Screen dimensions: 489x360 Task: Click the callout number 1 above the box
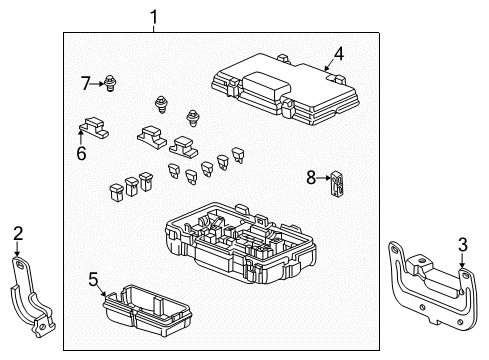153,17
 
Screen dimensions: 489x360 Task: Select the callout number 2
18,233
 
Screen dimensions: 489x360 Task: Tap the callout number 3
463,245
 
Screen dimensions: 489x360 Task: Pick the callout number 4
339,54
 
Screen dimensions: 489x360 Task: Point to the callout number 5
94,279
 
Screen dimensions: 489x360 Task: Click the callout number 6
81,153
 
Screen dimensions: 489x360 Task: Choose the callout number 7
86,83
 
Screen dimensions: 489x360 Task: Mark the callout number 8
311,177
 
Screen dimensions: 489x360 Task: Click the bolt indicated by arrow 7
109,83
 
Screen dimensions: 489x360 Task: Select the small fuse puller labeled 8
337,182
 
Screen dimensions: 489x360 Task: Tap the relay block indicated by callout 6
94,127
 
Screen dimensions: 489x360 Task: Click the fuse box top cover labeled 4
286,89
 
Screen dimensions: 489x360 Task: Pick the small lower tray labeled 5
146,310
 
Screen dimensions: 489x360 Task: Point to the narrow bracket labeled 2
32,296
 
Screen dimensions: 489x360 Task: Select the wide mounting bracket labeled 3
433,287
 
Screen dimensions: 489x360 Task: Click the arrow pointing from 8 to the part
323,178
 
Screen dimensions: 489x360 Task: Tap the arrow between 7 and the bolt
97,84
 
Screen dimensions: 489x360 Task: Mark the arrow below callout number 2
17,249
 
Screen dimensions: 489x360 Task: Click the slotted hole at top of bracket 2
20,265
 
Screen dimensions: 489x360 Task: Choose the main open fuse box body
241,243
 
